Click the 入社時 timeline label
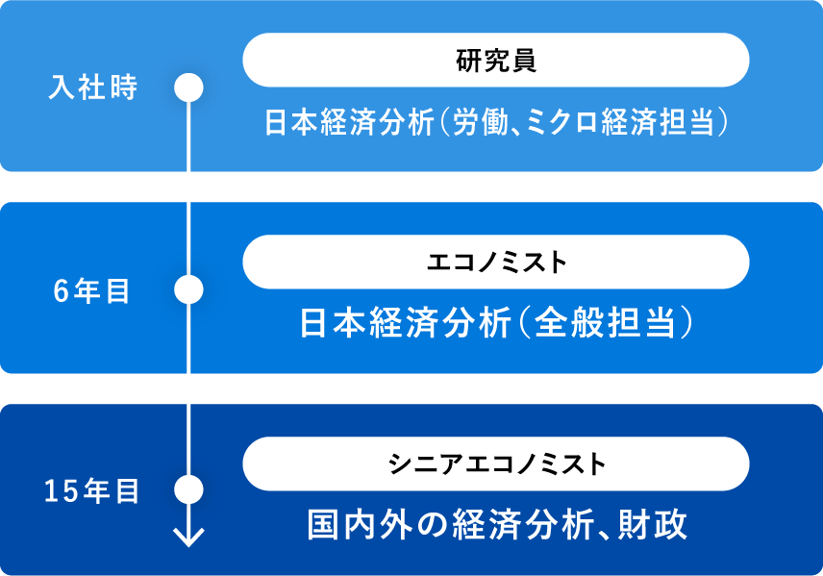pos(93,88)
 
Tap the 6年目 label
pos(91,291)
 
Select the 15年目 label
pos(92,491)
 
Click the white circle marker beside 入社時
pos(189,88)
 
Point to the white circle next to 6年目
pos(189,289)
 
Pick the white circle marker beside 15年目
pos(189,489)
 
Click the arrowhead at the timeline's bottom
pos(189,538)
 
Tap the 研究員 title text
pos(496,61)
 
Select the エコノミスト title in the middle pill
pos(496,262)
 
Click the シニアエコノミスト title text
pos(496,463)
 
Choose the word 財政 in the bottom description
pos(653,524)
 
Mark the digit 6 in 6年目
pos(61,291)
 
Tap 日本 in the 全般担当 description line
pos(333,322)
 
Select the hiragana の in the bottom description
pos(433,525)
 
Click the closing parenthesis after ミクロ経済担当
pos(724,122)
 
